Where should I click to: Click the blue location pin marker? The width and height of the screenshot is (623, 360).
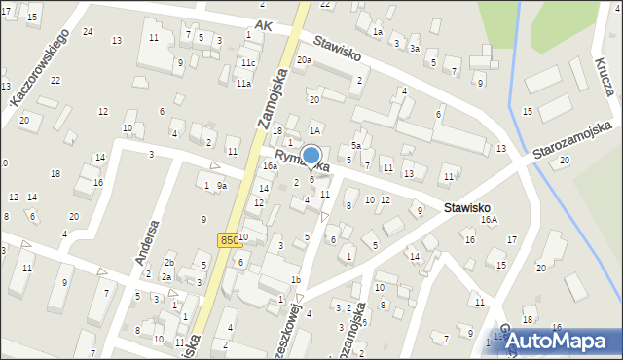(x=311, y=157)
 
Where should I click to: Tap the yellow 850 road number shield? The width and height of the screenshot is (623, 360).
(x=229, y=240)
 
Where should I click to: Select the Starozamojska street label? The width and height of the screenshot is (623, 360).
(x=571, y=141)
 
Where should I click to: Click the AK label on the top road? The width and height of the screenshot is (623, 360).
(x=261, y=25)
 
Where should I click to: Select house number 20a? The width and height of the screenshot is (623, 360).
(x=305, y=60)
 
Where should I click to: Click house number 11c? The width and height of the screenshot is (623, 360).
(x=249, y=63)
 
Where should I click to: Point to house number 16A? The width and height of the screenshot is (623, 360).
(x=489, y=220)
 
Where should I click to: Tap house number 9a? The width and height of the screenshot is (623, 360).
(x=222, y=186)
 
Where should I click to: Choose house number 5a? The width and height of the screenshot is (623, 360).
(x=356, y=145)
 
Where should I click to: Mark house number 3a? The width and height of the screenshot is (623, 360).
(x=414, y=48)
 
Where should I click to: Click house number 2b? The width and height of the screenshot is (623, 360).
(x=168, y=263)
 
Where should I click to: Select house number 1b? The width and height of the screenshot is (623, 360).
(x=296, y=280)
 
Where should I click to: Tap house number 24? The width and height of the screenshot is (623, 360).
(x=88, y=32)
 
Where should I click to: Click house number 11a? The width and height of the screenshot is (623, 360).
(x=243, y=84)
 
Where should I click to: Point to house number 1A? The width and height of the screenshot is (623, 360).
(x=314, y=129)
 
